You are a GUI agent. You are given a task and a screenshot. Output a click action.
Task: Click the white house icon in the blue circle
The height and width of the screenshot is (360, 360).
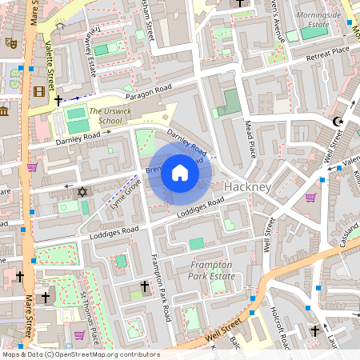[x=180, y=173]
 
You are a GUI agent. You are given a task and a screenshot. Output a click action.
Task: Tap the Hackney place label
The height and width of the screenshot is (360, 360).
[x=248, y=186]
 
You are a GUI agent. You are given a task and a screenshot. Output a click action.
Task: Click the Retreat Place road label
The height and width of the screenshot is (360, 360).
[x=328, y=51]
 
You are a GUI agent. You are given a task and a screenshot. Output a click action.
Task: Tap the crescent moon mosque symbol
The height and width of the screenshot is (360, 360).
[x=337, y=122]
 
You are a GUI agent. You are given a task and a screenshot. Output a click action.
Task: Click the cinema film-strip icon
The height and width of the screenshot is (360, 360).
[x=40, y=90]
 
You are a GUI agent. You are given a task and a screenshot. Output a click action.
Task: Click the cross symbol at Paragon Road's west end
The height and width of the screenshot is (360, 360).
[x=58, y=102]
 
